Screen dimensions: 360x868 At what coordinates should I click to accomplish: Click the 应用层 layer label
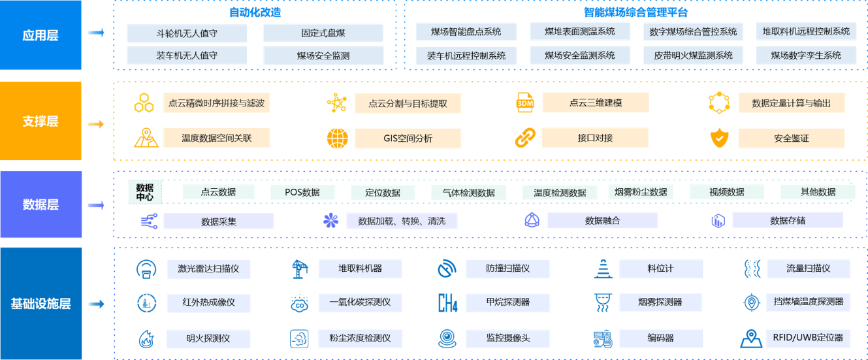[x=40, y=35]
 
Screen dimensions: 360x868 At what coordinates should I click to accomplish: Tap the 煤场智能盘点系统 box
[x=466, y=31]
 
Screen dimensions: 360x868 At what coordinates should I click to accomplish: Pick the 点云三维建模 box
[x=595, y=103]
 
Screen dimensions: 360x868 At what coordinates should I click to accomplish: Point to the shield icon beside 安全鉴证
[x=718, y=138]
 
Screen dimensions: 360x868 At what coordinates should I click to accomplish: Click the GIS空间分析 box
[x=408, y=138]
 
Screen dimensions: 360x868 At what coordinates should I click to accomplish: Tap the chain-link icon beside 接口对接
[x=525, y=138]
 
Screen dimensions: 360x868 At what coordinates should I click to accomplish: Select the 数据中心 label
[x=145, y=192]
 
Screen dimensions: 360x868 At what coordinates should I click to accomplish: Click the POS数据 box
[x=302, y=192]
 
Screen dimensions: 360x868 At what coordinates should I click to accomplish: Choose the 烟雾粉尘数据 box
[x=641, y=192]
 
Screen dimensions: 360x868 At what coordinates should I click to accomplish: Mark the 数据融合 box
[x=602, y=221]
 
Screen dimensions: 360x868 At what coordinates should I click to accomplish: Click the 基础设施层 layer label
[x=40, y=303]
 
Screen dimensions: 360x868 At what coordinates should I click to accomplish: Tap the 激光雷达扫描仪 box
[x=204, y=269]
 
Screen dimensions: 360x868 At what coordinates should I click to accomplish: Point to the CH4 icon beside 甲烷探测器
[x=447, y=303]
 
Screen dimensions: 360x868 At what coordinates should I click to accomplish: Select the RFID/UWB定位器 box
[x=809, y=338]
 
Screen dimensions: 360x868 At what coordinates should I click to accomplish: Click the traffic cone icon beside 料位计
[x=602, y=269]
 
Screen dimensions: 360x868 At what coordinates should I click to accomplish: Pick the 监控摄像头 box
[x=507, y=338]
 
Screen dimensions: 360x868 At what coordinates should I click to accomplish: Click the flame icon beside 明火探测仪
[x=146, y=338]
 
